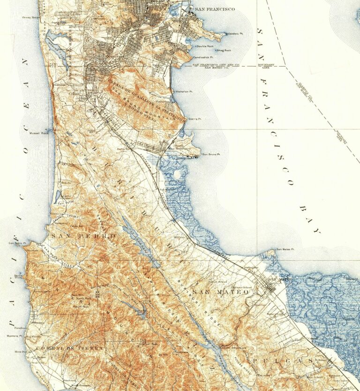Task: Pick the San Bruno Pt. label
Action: point(211,154)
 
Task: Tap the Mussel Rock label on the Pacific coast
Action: point(37,133)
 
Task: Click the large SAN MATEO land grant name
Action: point(226,292)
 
